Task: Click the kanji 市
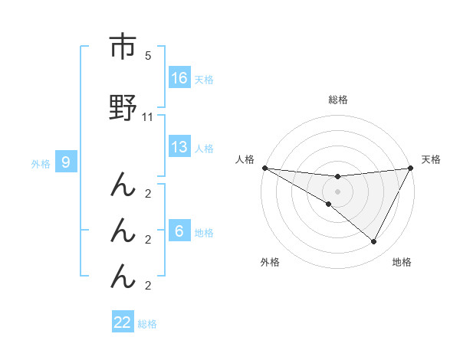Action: [x=123, y=47]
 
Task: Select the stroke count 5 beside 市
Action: [x=148, y=56]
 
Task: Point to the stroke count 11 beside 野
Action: [x=148, y=117]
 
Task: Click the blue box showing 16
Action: [x=179, y=78]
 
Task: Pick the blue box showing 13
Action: [x=179, y=147]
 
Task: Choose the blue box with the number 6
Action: [x=179, y=231]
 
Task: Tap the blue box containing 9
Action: [x=66, y=162]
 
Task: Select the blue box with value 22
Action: [x=123, y=322]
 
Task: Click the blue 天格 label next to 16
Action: [x=204, y=79]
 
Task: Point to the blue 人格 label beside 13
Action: [x=204, y=148]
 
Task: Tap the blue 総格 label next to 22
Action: [x=147, y=323]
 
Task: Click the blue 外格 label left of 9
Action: [x=41, y=163]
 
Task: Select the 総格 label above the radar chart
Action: [x=337, y=100]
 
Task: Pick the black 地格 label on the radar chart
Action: [x=402, y=262]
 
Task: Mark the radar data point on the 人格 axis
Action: [x=264, y=167]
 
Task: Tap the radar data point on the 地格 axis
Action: [x=373, y=242]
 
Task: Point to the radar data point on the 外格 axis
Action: [x=328, y=204]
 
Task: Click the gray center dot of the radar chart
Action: [x=337, y=191]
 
